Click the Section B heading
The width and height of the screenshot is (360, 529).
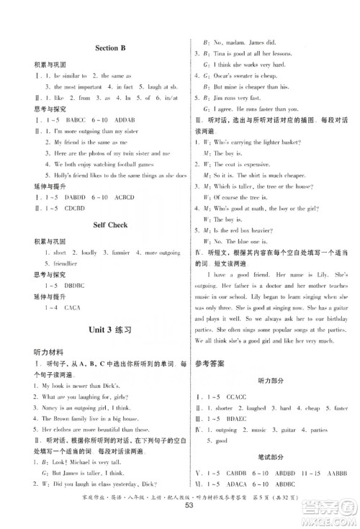(x=111, y=48)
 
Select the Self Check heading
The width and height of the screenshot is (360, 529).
(x=111, y=225)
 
